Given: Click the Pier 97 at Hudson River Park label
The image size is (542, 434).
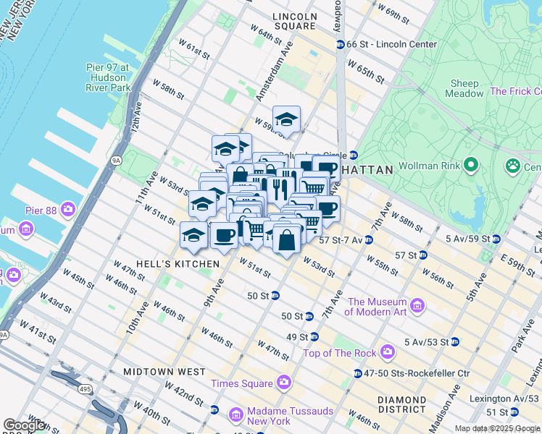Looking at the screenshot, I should click(107, 77).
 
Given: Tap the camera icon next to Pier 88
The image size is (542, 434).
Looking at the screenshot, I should click(68, 210).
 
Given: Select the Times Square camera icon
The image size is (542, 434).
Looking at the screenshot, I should click(283, 382).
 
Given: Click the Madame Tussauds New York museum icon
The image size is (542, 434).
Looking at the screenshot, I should click(235, 415).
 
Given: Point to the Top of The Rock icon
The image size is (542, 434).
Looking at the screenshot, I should click(388, 352).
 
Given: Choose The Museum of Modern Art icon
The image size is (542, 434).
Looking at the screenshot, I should click(417, 306).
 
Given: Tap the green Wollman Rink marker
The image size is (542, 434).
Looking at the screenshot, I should click(471, 166).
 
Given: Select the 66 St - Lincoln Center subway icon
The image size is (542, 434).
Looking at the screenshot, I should click(340, 45).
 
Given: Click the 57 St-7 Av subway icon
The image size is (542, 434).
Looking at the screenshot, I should click(369, 239).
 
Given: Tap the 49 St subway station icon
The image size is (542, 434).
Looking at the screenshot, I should click(314, 337).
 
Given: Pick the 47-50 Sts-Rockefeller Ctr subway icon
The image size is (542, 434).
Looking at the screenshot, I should click(358, 373).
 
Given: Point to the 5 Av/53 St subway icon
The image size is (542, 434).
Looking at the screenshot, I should click(454, 341).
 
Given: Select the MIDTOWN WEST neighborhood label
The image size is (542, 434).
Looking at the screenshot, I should click(164, 371).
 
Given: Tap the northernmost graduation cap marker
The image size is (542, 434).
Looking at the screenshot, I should click(286, 120).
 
